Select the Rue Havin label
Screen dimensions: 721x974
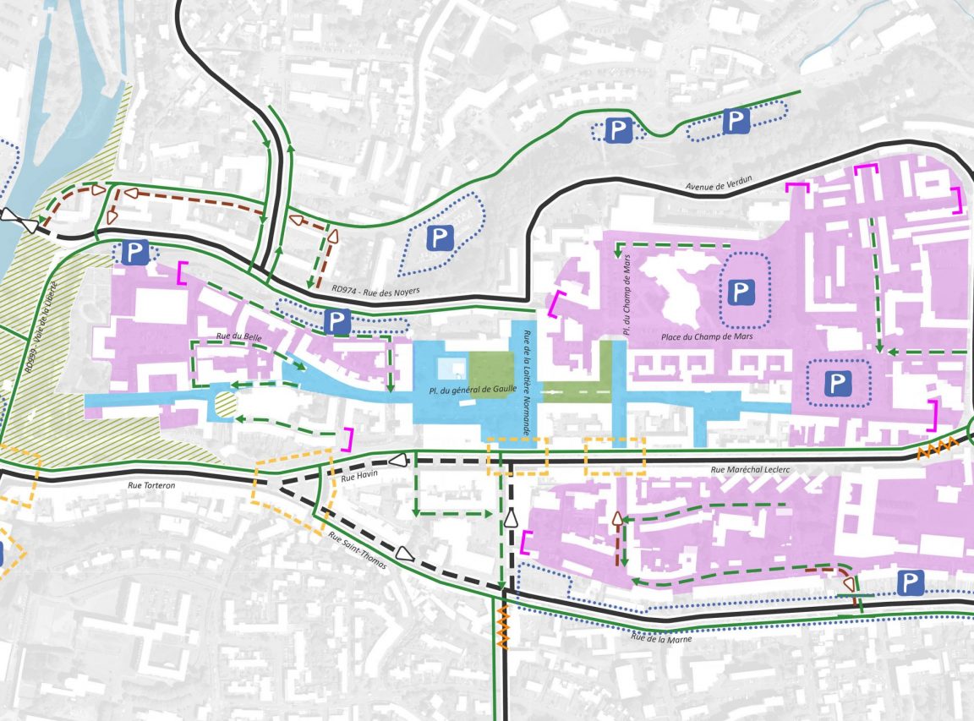click(x=358, y=478)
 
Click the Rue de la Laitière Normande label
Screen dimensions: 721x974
click(x=526, y=382)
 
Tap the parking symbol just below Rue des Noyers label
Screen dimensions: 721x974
click(x=337, y=320)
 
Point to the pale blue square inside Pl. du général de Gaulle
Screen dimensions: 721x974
click(x=451, y=369)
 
